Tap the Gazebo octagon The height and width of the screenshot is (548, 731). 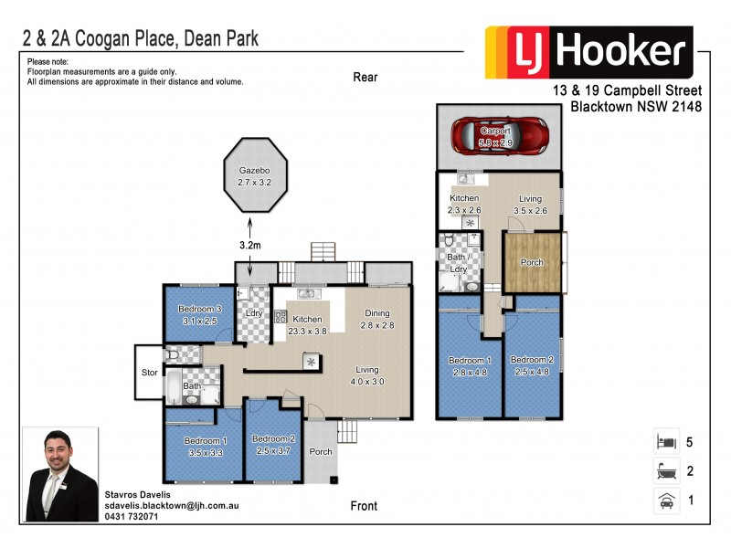[x=256, y=175]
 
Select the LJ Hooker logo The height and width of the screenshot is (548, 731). [x=588, y=52]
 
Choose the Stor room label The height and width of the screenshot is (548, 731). [x=147, y=372]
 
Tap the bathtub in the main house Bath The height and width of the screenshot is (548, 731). [x=173, y=387]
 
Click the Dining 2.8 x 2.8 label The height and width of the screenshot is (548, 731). [x=376, y=319]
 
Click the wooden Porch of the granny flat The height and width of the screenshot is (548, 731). [x=533, y=263]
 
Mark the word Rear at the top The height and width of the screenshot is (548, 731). [x=365, y=78]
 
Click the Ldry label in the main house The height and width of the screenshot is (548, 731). [x=254, y=313]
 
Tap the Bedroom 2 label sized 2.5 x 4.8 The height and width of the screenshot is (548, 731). [x=532, y=365]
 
